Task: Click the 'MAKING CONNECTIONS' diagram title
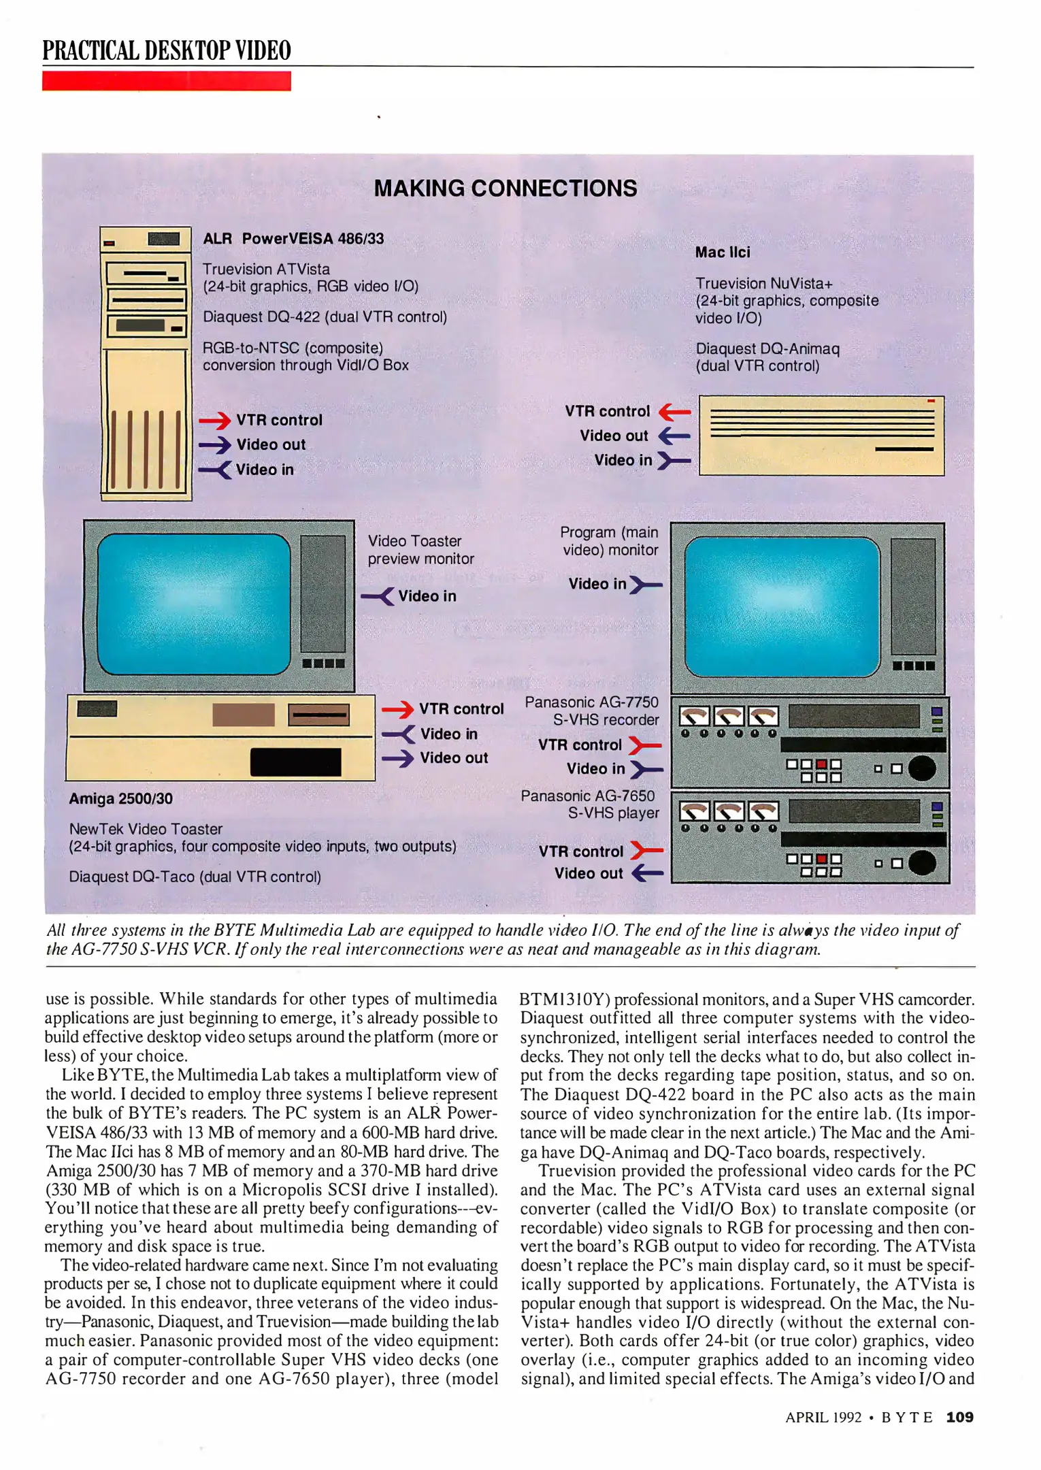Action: point(506,189)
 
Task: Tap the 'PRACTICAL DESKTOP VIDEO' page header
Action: point(167,50)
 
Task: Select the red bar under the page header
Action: point(167,81)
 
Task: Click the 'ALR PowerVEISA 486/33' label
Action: point(293,239)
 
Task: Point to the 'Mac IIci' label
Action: point(723,252)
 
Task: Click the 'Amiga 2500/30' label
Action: point(120,798)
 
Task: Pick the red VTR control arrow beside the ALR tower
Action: point(215,421)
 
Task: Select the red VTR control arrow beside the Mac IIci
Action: point(675,411)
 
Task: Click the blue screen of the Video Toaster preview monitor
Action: point(194,603)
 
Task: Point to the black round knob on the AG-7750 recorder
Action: point(922,768)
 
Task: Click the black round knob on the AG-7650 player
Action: point(922,863)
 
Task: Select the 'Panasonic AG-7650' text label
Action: point(587,796)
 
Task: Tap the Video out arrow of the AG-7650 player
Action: point(647,873)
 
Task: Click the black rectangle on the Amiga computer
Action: point(295,762)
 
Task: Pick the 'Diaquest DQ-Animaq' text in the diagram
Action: point(767,349)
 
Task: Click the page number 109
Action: point(959,1417)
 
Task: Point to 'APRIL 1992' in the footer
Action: point(823,1418)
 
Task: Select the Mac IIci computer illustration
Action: point(821,436)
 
